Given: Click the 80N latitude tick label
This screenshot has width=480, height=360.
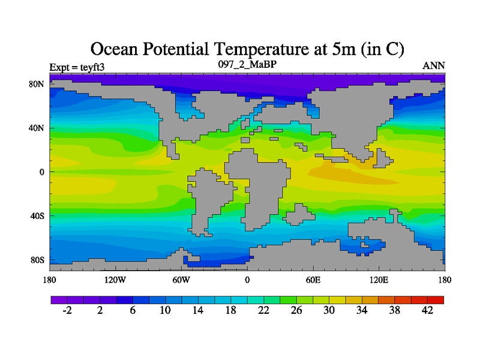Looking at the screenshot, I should pos(37,84).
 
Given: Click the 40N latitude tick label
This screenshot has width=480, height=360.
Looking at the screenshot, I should pos(37,128).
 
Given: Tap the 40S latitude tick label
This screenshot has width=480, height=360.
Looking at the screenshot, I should pos(38,215).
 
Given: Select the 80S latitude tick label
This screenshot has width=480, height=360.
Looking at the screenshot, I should pos(38,260).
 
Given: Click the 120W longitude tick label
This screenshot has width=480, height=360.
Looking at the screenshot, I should pos(115,280).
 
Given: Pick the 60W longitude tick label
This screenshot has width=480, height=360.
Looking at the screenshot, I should pos(181,280).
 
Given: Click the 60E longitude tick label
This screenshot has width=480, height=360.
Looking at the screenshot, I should pos(313,280).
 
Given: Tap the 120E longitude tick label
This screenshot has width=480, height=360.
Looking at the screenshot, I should pos(379,280).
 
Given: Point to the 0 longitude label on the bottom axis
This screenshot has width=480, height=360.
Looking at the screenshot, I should pos(247,280).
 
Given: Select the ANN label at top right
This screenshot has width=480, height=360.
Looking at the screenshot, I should pos(434,65).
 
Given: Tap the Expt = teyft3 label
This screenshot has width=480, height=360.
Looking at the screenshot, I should pos(76,67).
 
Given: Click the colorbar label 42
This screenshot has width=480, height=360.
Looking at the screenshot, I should pos(427,310).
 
